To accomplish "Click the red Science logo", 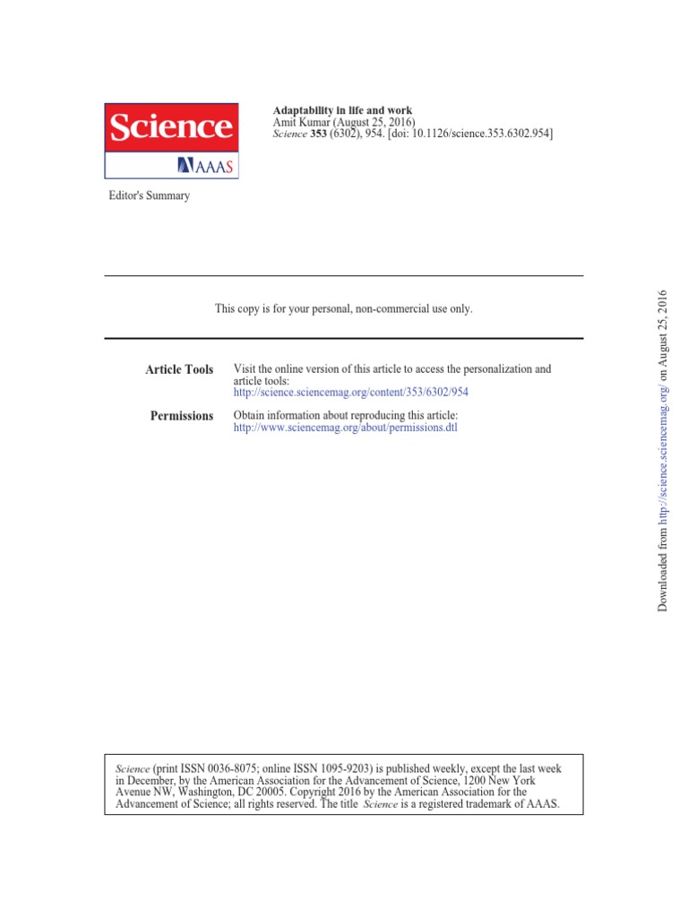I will pyautogui.click(x=172, y=127).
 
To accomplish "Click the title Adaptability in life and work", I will pyautogui.click(x=341, y=109).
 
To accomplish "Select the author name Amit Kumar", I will pyautogui.click(x=302, y=121).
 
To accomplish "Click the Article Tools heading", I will pyautogui.click(x=179, y=369).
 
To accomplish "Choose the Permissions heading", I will pyautogui.click(x=182, y=416).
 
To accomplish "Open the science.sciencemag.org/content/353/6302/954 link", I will pyautogui.click(x=350, y=393).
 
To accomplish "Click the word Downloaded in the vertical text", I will pyautogui.click(x=664, y=578).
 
